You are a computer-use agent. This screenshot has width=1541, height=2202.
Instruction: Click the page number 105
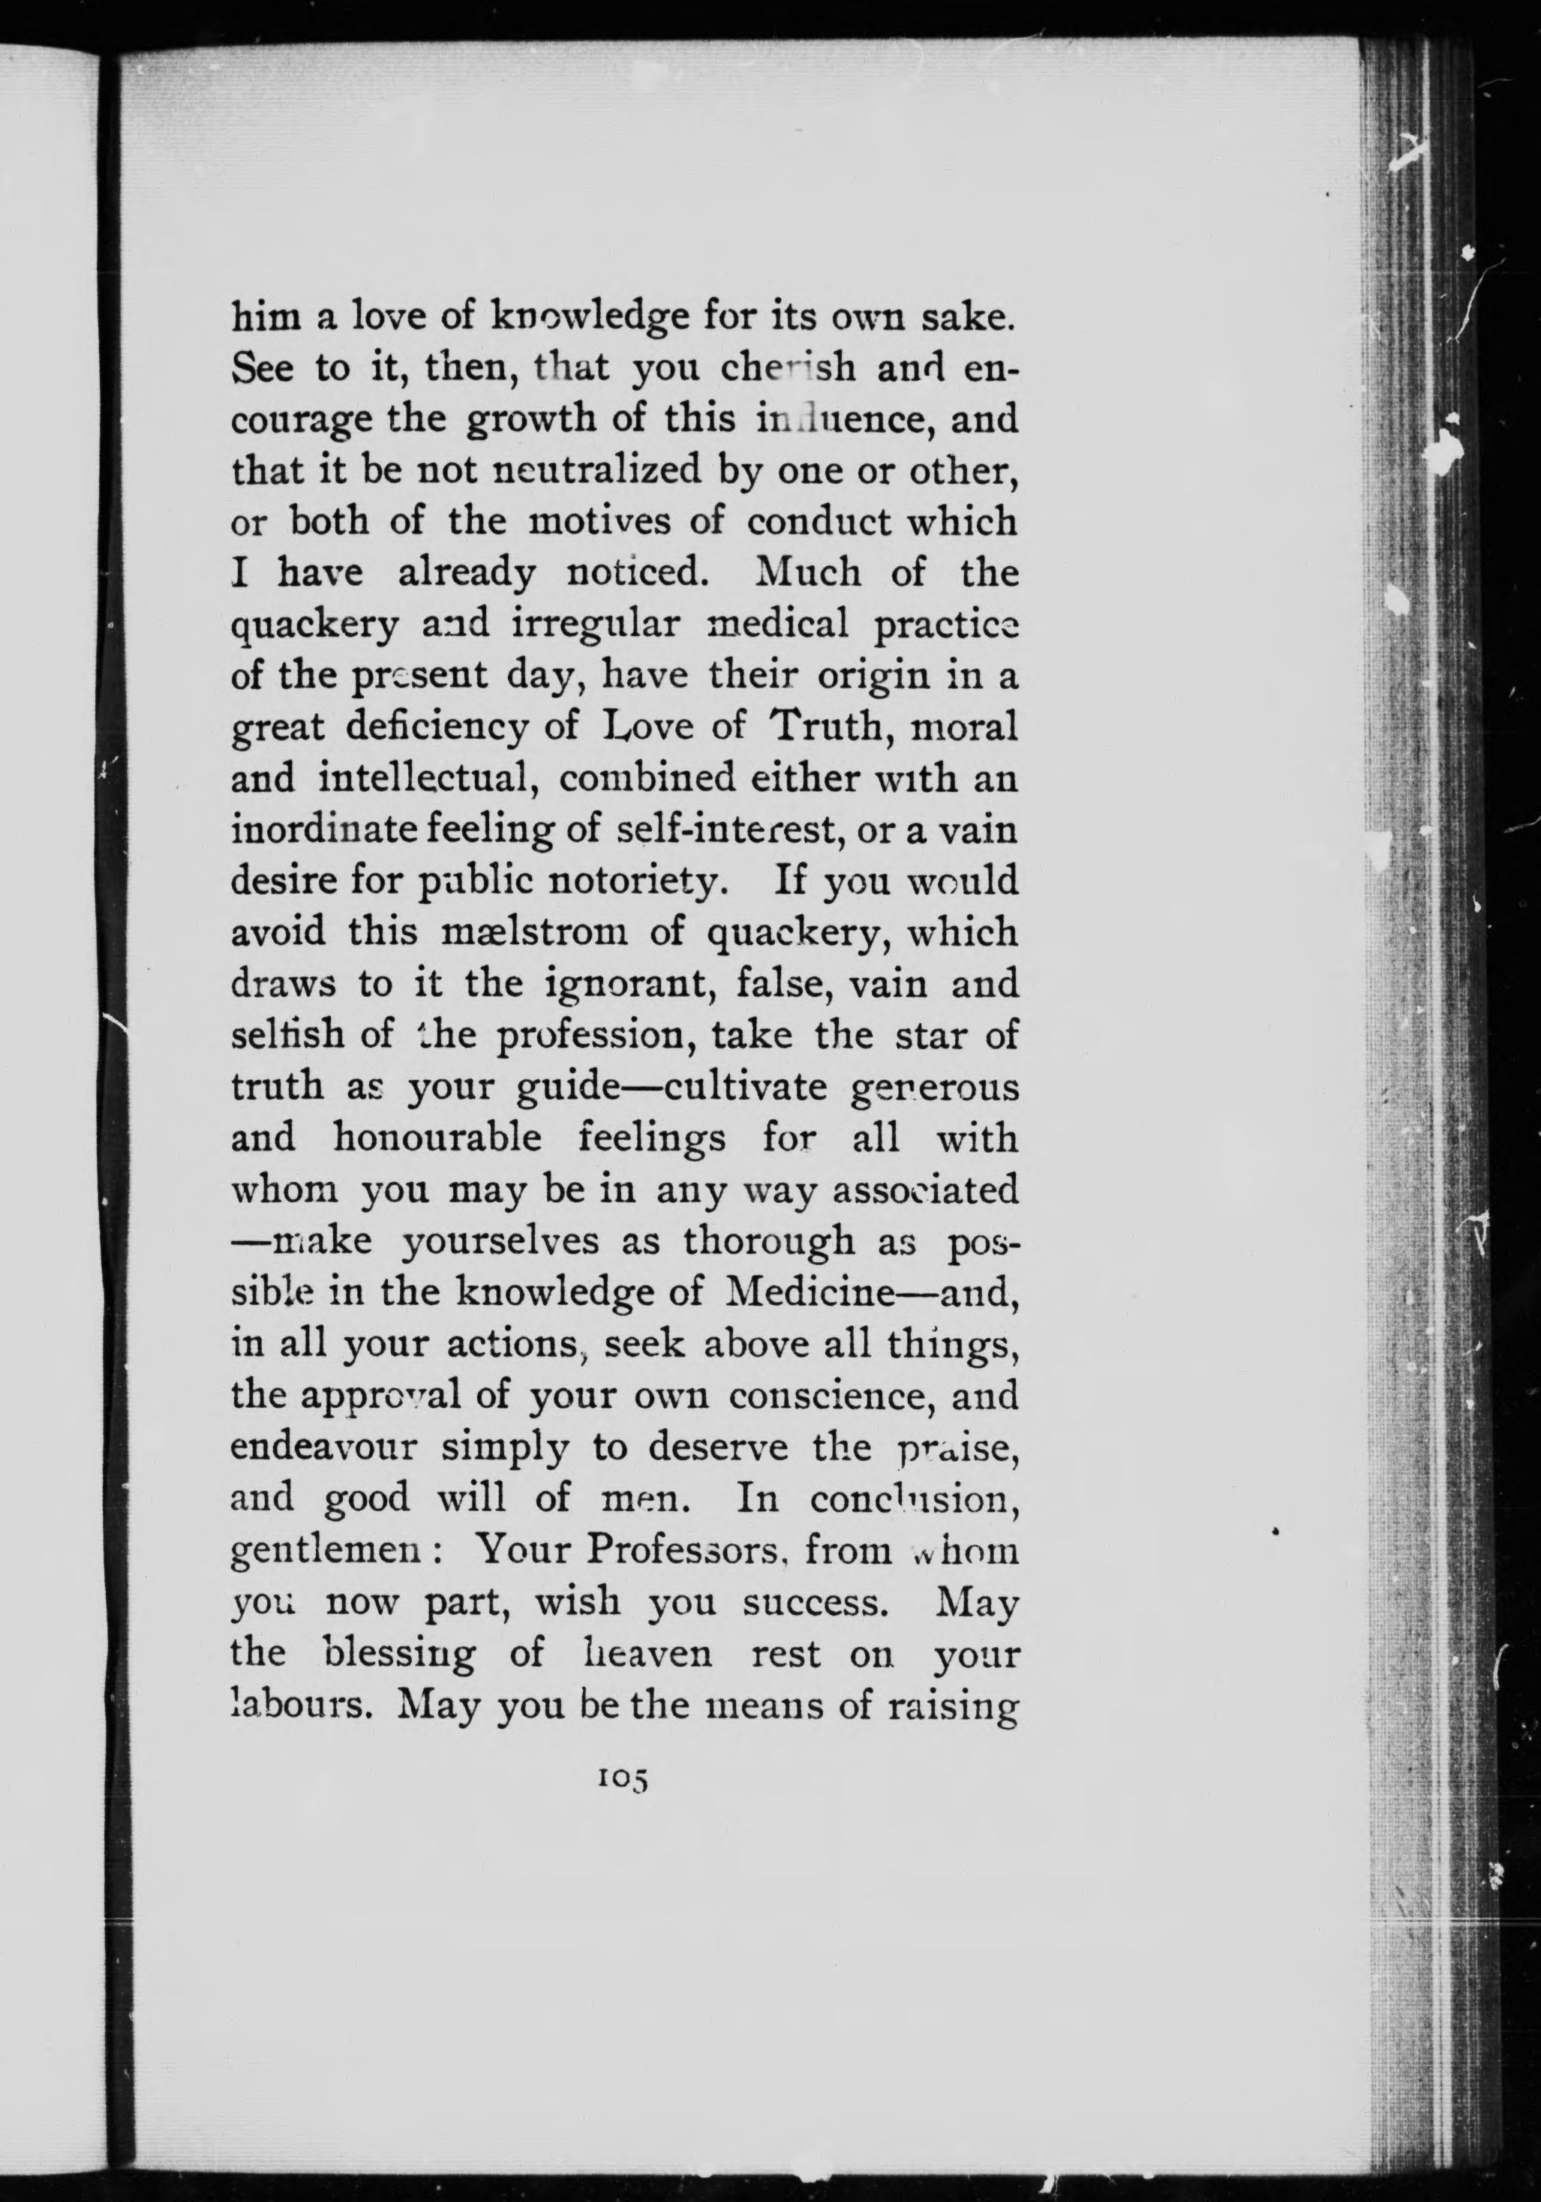623,1778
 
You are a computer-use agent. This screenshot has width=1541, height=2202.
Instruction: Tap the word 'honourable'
437,1138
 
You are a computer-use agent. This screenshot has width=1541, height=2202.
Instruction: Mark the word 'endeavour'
323,1445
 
